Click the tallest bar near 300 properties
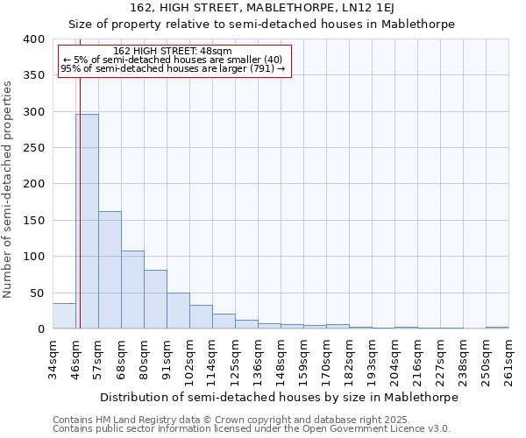click(x=87, y=221)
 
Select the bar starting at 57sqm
click(x=110, y=270)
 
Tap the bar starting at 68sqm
click(x=132, y=289)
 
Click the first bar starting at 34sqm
click(x=64, y=315)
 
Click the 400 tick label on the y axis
click(x=33, y=39)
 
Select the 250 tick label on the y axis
click(x=33, y=148)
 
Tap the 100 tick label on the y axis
click(x=33, y=257)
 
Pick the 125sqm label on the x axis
click(x=235, y=359)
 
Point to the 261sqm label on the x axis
click(x=508, y=359)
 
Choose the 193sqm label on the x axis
click(x=372, y=359)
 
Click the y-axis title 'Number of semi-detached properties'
click(x=9, y=189)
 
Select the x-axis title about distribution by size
click(x=279, y=397)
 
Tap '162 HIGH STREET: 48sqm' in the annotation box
click(x=173, y=52)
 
